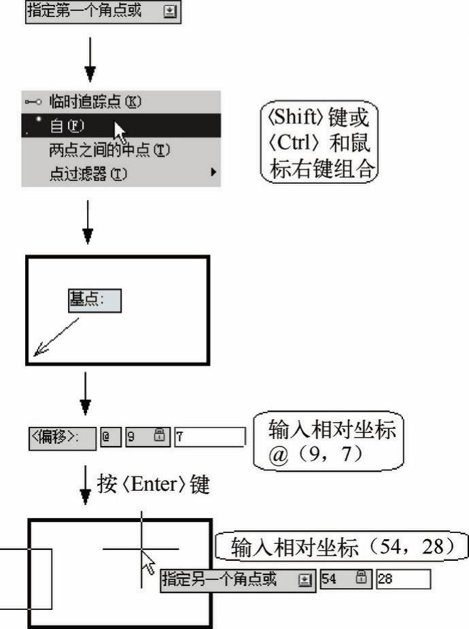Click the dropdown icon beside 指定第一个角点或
click(x=170, y=13)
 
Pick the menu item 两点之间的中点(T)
click(x=109, y=149)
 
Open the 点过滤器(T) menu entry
click(x=88, y=174)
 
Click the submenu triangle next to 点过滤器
click(x=213, y=174)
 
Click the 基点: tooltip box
click(x=94, y=300)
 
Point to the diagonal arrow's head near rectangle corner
click(x=39, y=351)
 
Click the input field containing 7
click(x=209, y=436)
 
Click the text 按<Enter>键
click(x=153, y=485)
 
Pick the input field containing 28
click(x=403, y=580)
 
